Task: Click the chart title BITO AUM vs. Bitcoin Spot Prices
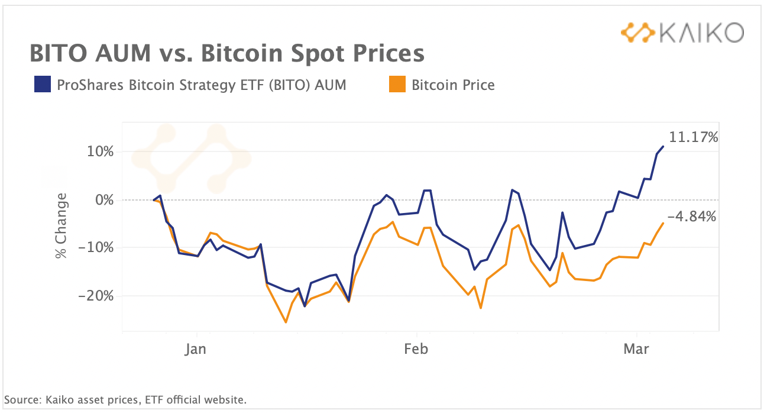(x=227, y=54)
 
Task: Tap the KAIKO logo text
(x=701, y=33)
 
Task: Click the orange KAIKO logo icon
(x=637, y=33)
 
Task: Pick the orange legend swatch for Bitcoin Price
(x=397, y=85)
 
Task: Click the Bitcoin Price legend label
(x=453, y=85)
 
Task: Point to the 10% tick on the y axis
(x=100, y=151)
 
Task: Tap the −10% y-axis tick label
(x=96, y=247)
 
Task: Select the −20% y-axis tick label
(x=96, y=295)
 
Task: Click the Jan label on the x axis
(x=195, y=349)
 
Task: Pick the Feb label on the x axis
(x=416, y=349)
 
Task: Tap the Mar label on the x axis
(x=636, y=349)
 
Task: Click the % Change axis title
(x=60, y=226)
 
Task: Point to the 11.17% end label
(x=693, y=138)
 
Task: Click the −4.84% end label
(x=691, y=217)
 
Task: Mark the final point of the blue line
(x=663, y=146)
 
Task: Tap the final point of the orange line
(x=663, y=223)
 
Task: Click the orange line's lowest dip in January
(x=286, y=322)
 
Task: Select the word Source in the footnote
(x=21, y=400)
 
